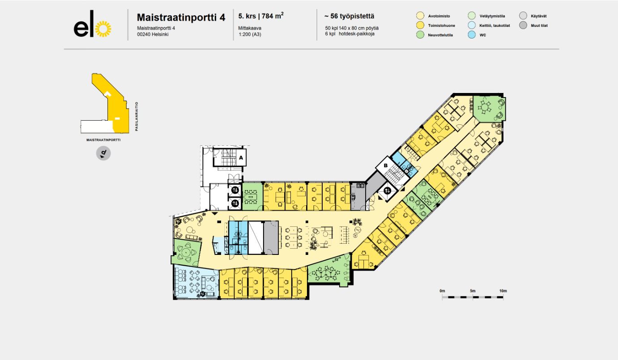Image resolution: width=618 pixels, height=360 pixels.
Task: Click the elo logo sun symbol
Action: click(104, 29)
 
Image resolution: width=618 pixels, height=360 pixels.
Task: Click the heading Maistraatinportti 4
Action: click(181, 17)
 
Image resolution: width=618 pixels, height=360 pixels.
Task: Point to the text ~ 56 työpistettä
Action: click(349, 17)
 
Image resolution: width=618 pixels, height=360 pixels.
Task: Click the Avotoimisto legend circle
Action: click(420, 16)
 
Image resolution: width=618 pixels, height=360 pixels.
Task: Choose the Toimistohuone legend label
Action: click(441, 25)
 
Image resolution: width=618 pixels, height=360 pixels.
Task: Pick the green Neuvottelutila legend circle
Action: click(420, 35)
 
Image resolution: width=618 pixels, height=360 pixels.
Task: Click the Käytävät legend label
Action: click(539, 16)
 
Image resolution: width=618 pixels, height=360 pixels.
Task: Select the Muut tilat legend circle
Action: click(523, 25)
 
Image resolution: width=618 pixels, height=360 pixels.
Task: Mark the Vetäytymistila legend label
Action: click(492, 16)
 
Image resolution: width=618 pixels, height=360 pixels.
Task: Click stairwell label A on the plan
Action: click(240, 158)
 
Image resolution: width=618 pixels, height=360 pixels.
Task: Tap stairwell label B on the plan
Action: click(385, 166)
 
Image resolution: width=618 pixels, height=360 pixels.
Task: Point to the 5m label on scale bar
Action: click(473, 291)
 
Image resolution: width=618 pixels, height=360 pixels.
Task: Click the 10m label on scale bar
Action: click(503, 291)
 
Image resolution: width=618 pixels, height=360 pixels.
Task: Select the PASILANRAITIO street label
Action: click(136, 117)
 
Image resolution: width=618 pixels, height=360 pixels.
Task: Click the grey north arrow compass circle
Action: click(103, 153)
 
